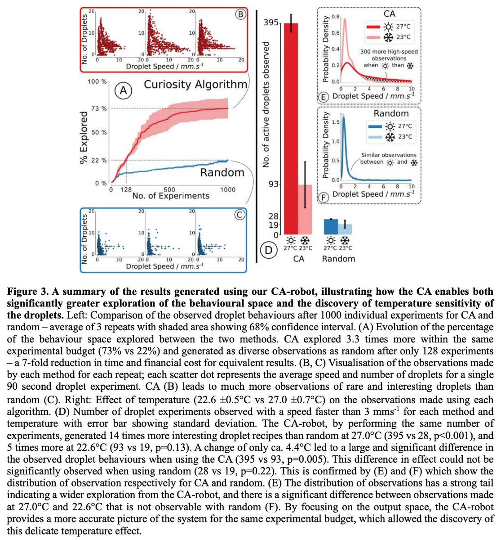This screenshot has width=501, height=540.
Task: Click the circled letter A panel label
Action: pos(123,91)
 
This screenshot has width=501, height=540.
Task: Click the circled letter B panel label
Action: pos(240,14)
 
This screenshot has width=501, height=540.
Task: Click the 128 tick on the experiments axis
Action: pos(126,189)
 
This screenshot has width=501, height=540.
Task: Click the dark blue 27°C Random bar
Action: pos(331,226)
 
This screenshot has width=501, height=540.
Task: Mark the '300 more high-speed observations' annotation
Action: pos(389,58)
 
